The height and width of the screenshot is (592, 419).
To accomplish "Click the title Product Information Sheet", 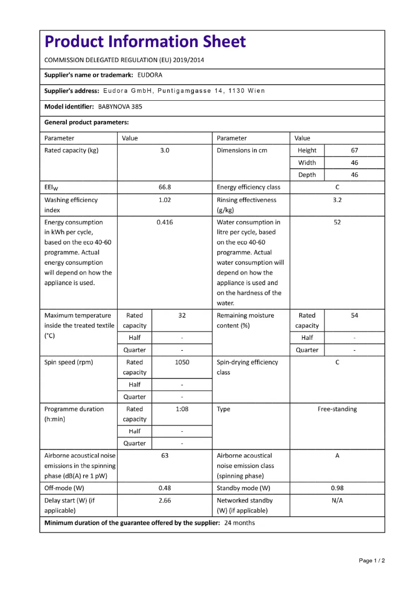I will point(145,42).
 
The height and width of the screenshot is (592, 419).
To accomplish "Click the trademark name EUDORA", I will point(150,75).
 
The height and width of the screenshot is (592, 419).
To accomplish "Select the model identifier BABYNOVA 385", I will point(120,106).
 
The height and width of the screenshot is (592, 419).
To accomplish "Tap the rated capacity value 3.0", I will point(165,150).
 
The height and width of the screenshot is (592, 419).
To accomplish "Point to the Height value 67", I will point(354,150).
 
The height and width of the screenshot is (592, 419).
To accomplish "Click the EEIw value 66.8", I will point(165,187).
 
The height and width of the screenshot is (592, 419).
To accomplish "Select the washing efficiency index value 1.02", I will point(165,200).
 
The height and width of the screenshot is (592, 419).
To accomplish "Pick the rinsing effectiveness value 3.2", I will point(337,200).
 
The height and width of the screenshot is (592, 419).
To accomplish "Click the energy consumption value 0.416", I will point(165,222).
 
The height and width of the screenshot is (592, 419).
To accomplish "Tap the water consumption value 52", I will point(337,222).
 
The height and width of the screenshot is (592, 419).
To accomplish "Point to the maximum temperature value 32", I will point(182,315).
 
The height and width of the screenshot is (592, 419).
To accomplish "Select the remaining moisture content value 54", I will point(354,315).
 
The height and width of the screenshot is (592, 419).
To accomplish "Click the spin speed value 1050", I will point(182,362).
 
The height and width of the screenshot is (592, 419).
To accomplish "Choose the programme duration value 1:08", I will point(182,409).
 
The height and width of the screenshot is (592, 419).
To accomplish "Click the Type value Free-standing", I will point(337,409).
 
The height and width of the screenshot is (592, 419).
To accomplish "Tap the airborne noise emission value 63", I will point(165,456).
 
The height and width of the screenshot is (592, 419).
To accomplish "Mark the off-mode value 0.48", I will point(165,489).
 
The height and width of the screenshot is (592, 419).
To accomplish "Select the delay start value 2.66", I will point(165,500).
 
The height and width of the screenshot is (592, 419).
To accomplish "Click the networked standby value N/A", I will point(337,500).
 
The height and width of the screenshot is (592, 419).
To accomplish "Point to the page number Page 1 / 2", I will point(371,561).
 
